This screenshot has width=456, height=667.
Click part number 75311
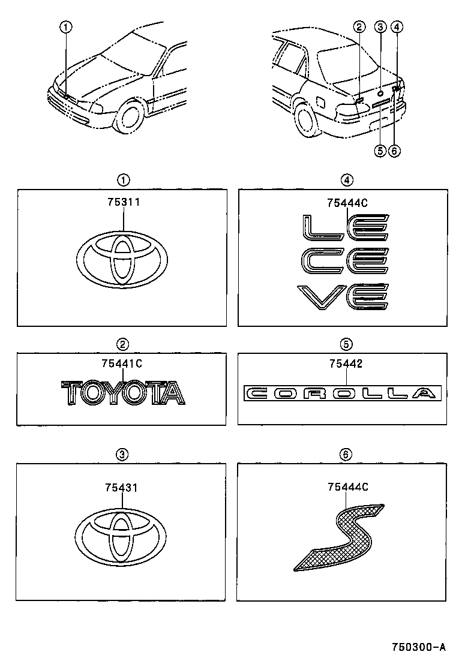click(x=124, y=202)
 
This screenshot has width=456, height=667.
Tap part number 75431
click(x=122, y=488)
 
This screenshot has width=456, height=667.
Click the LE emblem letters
click(x=345, y=229)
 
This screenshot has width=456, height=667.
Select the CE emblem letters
click(x=345, y=263)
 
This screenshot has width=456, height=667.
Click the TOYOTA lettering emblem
click(x=123, y=393)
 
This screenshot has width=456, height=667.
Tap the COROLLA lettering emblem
click(x=341, y=393)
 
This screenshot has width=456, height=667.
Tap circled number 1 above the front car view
click(x=65, y=26)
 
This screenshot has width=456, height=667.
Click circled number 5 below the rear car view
click(x=379, y=151)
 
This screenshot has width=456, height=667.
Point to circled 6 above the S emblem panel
click(x=346, y=455)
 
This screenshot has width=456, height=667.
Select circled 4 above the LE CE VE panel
click(x=346, y=179)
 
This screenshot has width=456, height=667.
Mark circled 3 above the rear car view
click(x=380, y=26)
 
